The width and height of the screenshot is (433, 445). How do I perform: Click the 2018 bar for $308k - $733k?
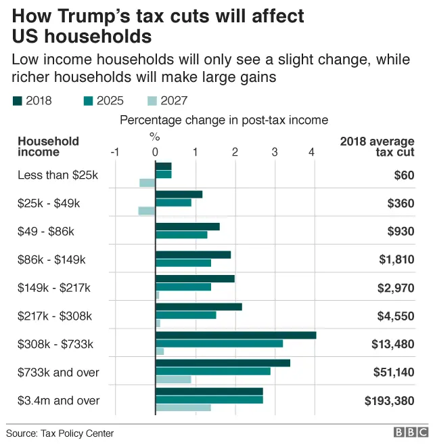point(235,335)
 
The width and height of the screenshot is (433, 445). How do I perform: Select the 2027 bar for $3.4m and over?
point(183,408)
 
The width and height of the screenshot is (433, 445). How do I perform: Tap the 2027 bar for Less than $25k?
point(147,183)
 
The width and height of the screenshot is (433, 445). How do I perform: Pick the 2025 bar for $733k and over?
point(212,371)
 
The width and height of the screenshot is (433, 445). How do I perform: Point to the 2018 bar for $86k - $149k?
point(193,255)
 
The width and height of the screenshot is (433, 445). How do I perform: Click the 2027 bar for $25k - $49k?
point(146,211)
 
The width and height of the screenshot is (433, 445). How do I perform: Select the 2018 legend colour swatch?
point(17,102)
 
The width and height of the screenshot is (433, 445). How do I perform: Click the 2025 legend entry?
point(102,102)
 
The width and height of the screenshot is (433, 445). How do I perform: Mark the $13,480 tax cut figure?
point(392,344)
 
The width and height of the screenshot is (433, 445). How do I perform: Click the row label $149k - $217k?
point(54,288)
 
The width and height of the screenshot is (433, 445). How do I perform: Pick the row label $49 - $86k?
point(46,232)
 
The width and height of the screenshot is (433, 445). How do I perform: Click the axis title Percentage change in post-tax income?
point(224,120)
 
